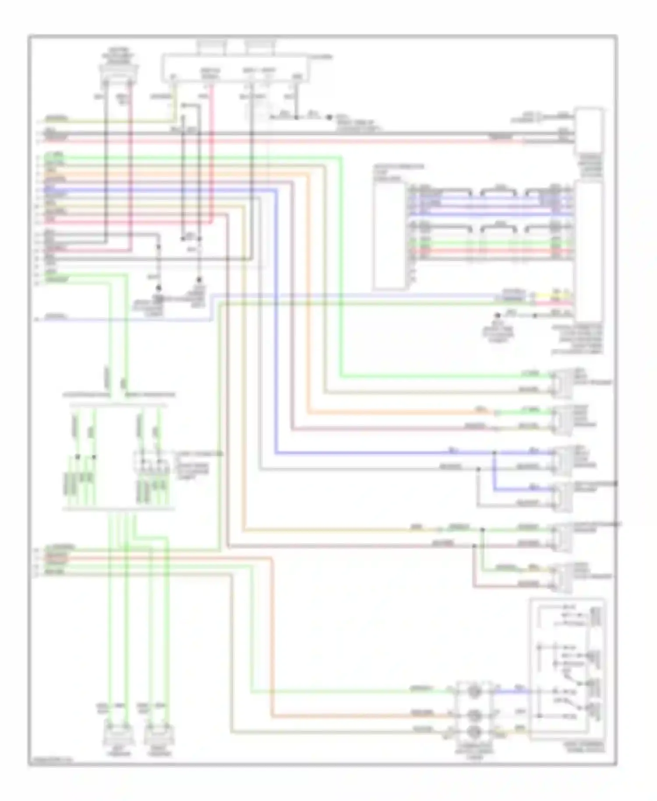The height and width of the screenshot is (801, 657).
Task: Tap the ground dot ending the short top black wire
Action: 330,117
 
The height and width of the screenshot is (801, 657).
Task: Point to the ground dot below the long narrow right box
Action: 498,315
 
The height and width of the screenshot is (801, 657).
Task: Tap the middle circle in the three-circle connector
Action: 474,715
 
